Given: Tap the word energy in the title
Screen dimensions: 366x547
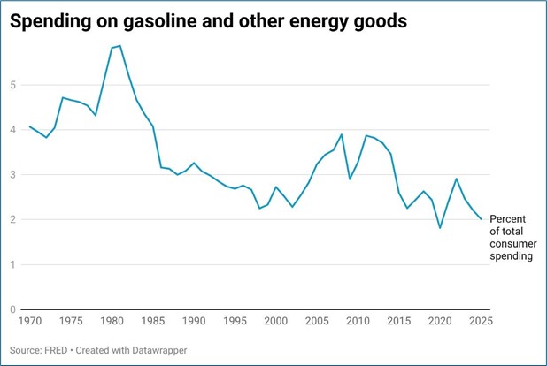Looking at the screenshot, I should point(325,22).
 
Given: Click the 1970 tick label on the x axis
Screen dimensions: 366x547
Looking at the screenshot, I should point(30,321).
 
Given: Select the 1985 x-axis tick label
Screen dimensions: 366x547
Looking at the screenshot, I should point(153,321).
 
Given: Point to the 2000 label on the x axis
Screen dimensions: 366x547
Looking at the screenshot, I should point(275,321).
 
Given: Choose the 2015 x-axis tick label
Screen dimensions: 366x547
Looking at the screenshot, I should point(398,321).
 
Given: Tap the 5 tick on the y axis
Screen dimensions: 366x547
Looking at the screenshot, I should point(12,86).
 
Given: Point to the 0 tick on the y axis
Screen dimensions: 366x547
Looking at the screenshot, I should point(12,309).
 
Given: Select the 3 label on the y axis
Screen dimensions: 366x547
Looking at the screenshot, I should point(12,175).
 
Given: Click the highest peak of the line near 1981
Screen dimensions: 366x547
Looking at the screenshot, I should point(119,45).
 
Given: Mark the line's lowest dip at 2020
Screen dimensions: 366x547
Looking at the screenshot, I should point(440,228).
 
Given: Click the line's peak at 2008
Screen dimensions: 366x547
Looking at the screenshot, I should point(342,135).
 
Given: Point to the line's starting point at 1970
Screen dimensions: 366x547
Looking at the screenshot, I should point(30,126).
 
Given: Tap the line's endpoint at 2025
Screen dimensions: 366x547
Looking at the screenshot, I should point(481,219).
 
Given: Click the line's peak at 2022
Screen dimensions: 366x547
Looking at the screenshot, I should point(456,179).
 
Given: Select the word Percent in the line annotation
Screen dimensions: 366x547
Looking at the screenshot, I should point(509,218).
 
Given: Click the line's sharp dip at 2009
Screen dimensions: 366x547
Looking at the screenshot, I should point(350,179).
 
